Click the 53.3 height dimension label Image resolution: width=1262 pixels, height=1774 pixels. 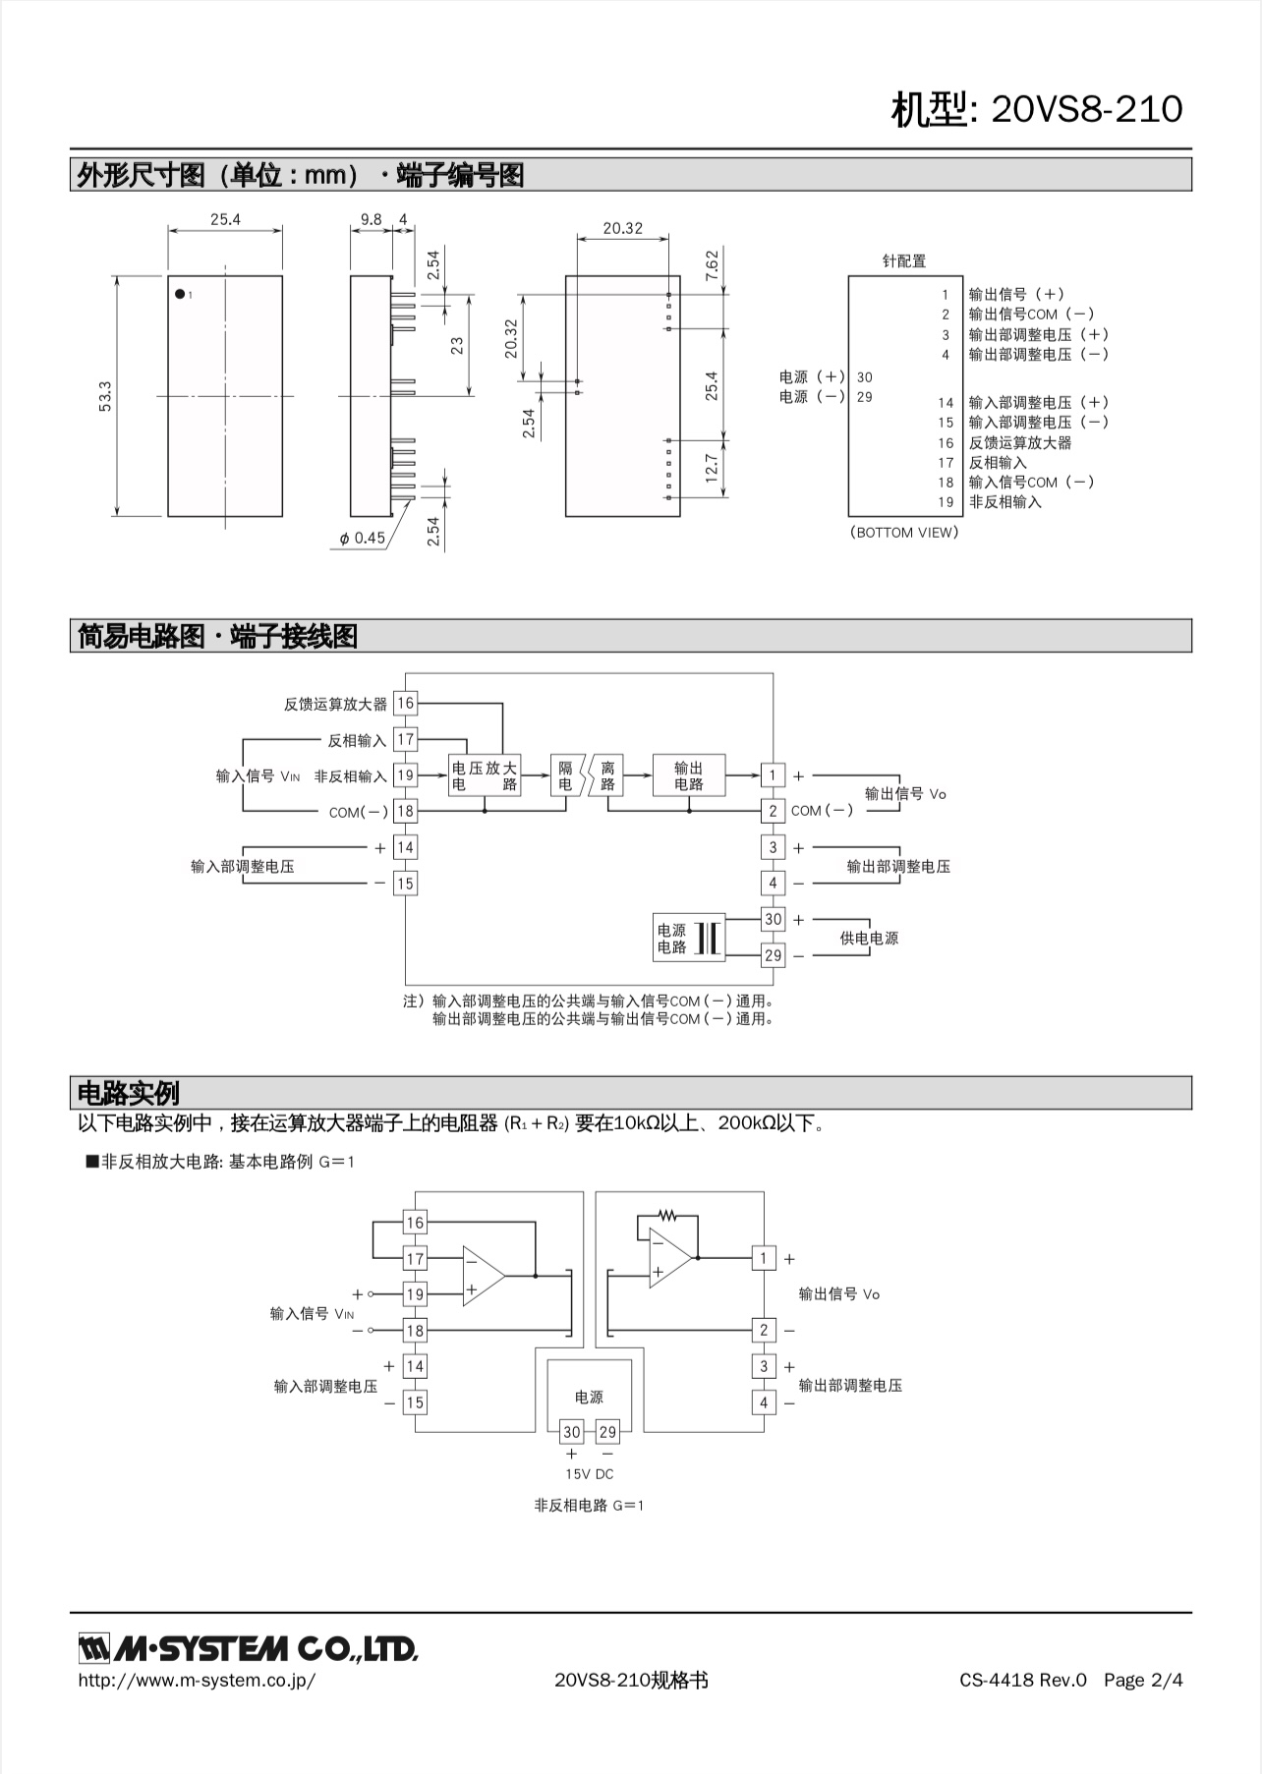tap(105, 396)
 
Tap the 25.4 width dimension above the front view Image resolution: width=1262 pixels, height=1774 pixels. tap(225, 219)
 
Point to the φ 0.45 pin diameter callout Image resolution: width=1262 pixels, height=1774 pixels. tap(363, 538)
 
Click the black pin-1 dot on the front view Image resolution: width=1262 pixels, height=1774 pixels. tap(180, 293)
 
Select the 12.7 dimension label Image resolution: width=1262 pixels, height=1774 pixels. tap(712, 468)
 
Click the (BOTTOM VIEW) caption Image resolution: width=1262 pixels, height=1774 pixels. tap(904, 532)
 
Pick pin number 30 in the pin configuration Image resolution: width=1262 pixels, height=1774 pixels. tap(865, 376)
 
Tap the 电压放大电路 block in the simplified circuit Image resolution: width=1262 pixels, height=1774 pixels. tap(485, 775)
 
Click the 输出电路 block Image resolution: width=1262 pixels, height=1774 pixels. tap(689, 775)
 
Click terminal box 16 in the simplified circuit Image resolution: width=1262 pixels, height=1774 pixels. tap(406, 703)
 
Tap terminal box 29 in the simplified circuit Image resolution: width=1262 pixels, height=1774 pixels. tap(774, 954)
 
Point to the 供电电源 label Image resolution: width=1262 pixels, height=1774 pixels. tap(869, 938)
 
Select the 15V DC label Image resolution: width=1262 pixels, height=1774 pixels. tap(589, 1474)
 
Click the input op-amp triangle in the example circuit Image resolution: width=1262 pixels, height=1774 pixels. tap(484, 1276)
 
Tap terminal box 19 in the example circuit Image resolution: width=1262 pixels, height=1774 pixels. tap(416, 1294)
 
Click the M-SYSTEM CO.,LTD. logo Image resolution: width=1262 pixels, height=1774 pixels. tap(249, 1648)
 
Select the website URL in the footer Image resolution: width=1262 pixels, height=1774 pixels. tap(197, 1680)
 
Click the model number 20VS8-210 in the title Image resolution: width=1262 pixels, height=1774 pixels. tap(1087, 108)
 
